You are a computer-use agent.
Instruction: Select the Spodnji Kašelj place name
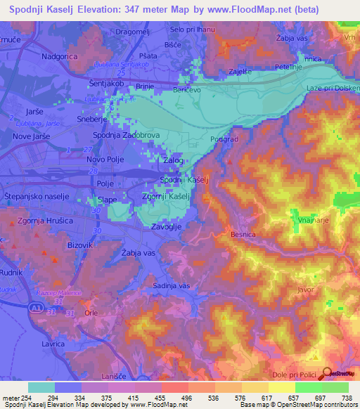[x=181, y=181]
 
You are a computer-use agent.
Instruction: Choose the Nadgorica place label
[x=64, y=55]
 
